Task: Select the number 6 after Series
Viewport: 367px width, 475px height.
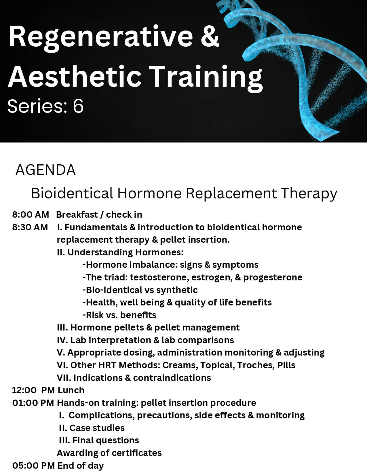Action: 78,106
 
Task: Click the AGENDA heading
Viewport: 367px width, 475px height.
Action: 45,170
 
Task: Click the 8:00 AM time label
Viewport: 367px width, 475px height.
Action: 31,214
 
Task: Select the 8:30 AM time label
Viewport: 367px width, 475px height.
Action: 30,227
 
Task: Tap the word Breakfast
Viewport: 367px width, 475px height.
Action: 77,214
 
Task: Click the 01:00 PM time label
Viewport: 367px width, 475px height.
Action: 33,403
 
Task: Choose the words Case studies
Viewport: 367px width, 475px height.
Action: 97,428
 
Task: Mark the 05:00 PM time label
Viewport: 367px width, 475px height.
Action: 33,466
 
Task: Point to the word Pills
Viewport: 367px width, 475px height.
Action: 286,365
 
